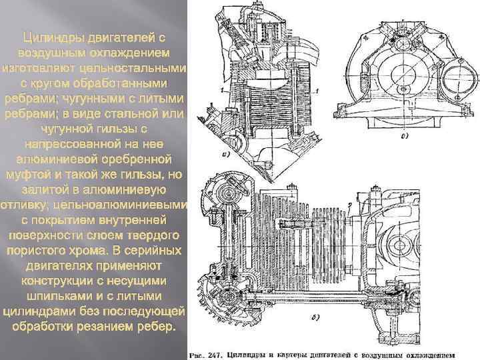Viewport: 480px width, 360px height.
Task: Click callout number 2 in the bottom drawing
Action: (x=348, y=203)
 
